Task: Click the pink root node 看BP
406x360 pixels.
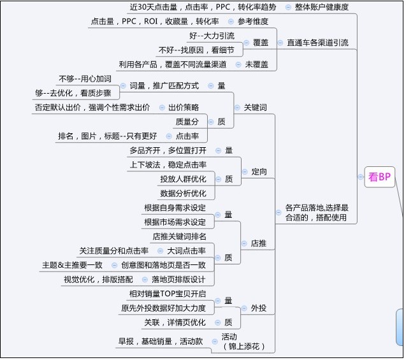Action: (379, 177)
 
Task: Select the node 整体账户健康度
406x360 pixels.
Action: (322, 7)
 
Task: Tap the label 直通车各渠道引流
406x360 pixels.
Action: (317, 43)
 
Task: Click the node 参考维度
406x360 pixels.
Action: (252, 21)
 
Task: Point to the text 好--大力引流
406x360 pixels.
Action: (212, 36)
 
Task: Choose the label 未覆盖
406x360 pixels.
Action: (256, 64)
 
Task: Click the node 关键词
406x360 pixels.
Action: (255, 108)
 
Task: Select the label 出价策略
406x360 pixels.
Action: (184, 108)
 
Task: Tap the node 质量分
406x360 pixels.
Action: (187, 122)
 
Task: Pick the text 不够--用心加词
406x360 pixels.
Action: (85, 78)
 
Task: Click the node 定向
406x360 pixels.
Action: (259, 171)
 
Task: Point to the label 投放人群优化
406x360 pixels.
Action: (183, 179)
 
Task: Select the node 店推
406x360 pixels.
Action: (258, 243)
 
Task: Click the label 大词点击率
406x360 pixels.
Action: (186, 250)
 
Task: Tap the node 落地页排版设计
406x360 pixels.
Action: (178, 279)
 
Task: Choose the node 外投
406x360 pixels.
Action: (258, 308)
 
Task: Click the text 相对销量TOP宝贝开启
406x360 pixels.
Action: (168, 294)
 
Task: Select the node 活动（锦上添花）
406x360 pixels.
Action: (243, 342)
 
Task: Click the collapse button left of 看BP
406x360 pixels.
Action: (361, 177)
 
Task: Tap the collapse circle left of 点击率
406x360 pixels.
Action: (169, 136)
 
